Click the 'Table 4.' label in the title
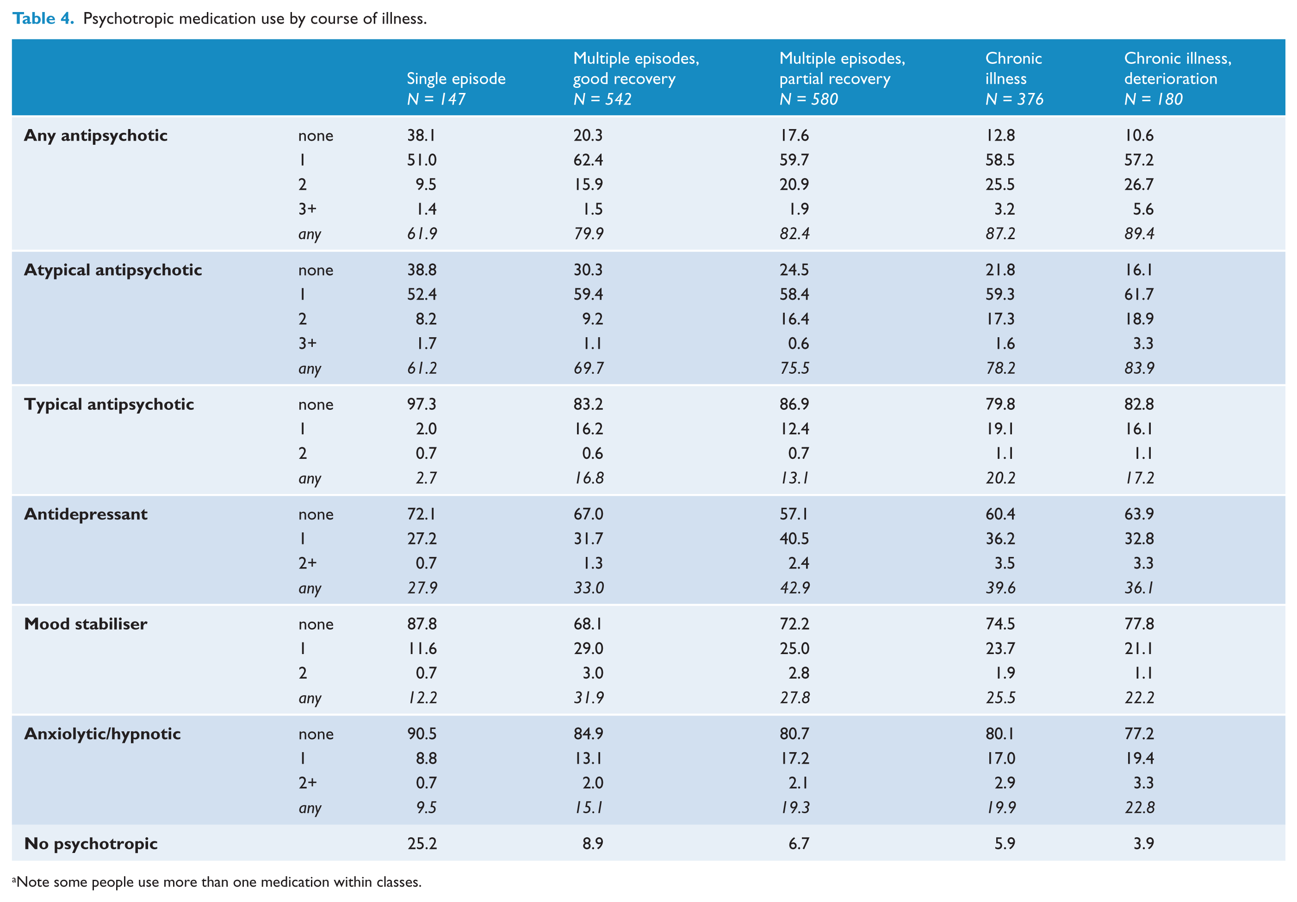43,19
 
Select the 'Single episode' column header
456,79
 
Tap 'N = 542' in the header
602,99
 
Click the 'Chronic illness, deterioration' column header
1177,68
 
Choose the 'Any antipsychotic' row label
96,136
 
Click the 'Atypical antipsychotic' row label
113,270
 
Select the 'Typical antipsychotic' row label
109,404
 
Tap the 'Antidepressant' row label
86,514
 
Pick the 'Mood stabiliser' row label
86,624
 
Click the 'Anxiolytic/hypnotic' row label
103,734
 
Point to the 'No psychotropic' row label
91,844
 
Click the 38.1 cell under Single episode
422,135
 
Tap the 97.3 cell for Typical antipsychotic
422,404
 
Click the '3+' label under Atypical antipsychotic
307,343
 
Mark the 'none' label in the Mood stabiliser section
316,624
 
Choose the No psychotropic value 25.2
422,843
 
